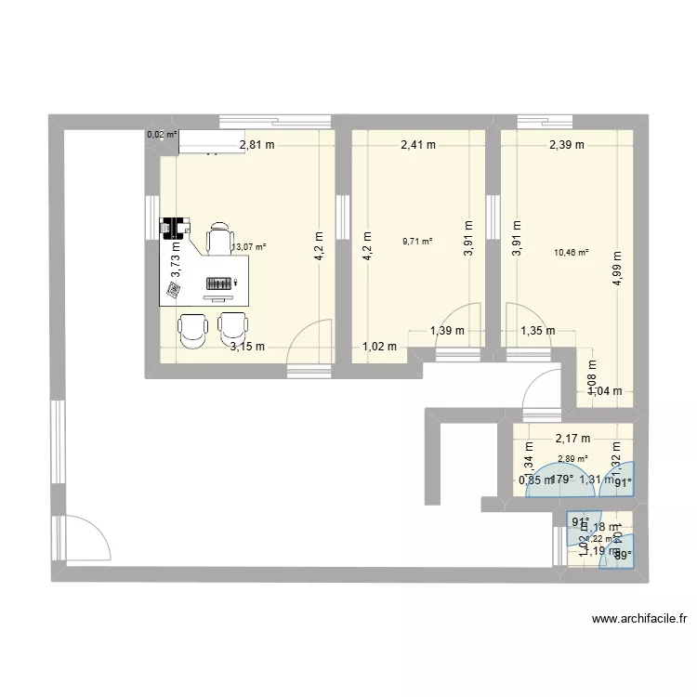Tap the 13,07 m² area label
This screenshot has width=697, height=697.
point(249,247)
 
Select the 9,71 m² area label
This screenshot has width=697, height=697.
point(417,242)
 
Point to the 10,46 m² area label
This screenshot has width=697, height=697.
point(571,252)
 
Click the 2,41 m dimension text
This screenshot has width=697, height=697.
point(418,144)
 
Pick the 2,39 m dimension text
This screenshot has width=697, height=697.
point(566,144)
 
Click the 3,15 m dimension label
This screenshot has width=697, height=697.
point(248,347)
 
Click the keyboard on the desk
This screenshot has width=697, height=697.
point(218,283)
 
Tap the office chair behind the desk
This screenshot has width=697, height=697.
point(219,239)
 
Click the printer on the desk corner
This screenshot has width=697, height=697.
point(174,228)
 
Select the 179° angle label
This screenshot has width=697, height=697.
point(560,480)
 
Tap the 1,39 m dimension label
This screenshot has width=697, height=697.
point(447,330)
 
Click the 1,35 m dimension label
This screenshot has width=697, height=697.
point(537,330)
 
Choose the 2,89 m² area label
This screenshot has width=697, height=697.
point(572,458)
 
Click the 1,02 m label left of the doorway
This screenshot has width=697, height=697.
point(380,347)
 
